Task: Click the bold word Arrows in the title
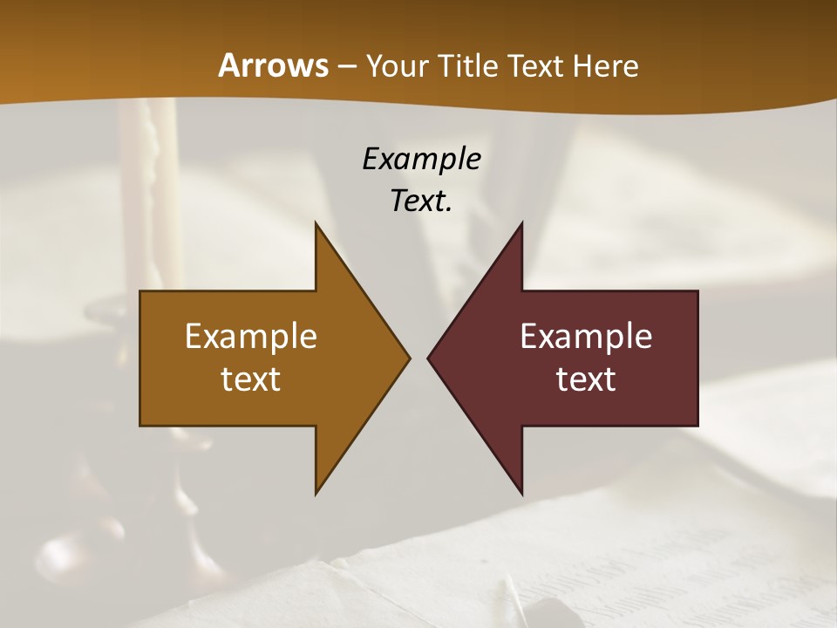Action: (272, 65)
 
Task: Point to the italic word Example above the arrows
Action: (421, 159)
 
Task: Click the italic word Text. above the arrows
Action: (421, 201)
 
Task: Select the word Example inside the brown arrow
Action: (250, 337)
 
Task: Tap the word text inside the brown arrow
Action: (250, 379)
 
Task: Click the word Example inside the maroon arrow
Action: (586, 337)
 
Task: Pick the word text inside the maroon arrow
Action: (586, 379)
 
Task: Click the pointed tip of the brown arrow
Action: (407, 358)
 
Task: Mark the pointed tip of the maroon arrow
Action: (430, 358)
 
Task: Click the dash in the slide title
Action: (345, 66)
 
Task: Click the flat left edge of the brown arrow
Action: (141, 358)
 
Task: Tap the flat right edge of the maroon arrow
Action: (697, 358)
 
